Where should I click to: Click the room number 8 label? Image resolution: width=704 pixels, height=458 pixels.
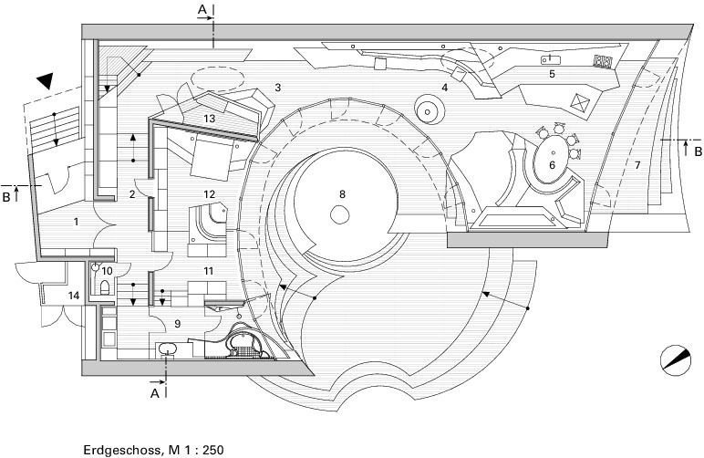pyautogui.click(x=343, y=194)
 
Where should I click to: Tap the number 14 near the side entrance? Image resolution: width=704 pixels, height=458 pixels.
pyautogui.click(x=74, y=295)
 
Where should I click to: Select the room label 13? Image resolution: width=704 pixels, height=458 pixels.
pyautogui.click(x=210, y=119)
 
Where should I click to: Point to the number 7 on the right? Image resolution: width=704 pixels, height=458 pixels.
pyautogui.click(x=637, y=165)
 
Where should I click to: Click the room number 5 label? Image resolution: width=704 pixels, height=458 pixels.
pyautogui.click(x=553, y=74)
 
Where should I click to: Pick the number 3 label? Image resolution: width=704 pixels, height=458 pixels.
pyautogui.click(x=278, y=87)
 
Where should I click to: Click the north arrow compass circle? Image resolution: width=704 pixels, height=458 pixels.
pyautogui.click(x=676, y=359)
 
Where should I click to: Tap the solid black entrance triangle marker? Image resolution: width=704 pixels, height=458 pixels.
pyautogui.click(x=46, y=80)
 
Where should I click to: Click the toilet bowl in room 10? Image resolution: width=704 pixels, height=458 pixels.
pyautogui.click(x=105, y=286)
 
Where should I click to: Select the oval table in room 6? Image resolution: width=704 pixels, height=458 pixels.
pyautogui.click(x=552, y=160)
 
